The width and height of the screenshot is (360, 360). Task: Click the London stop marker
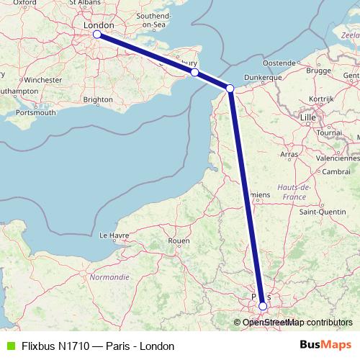(96, 34)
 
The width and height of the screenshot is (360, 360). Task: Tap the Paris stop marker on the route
(263, 306)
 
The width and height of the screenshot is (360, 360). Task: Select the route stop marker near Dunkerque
(230, 89)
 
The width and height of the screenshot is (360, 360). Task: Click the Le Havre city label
(113, 235)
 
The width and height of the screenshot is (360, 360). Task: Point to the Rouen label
(178, 240)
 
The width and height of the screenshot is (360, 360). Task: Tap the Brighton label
(98, 99)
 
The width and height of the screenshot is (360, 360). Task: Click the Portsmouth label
(36, 112)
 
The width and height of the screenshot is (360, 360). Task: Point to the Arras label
(289, 154)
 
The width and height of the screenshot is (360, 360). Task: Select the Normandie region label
(109, 276)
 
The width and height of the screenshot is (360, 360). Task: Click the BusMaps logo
(325, 346)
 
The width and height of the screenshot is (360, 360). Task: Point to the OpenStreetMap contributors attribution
(294, 322)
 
